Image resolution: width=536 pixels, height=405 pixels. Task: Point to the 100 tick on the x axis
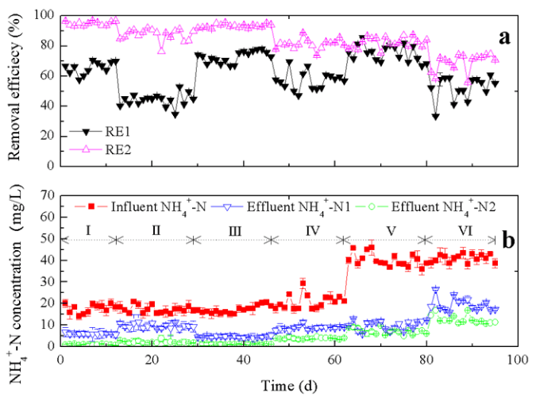517,360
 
